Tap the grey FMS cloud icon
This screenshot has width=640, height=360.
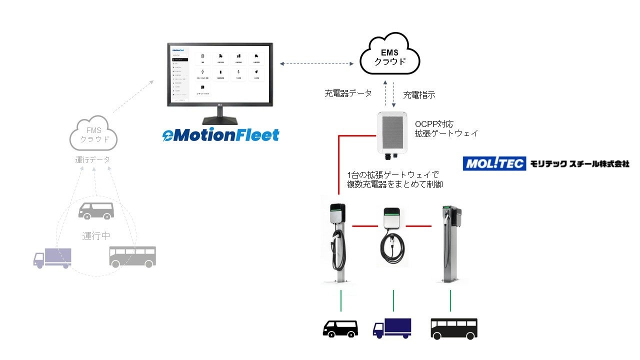(x=94, y=133)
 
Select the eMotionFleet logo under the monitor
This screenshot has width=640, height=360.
(x=220, y=135)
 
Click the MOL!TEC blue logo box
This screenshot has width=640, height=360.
(x=494, y=163)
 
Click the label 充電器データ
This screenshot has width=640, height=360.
(x=348, y=93)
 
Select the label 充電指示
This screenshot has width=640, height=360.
(x=419, y=94)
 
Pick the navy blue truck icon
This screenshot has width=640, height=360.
(x=392, y=327)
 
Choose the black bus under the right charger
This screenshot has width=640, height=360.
(x=454, y=328)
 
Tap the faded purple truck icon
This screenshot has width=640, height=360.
(x=52, y=258)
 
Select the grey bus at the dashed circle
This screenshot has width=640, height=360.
(x=132, y=255)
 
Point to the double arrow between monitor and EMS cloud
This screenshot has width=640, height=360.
(x=315, y=63)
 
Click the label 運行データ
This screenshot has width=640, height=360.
(x=92, y=160)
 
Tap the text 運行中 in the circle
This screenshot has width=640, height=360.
(x=96, y=236)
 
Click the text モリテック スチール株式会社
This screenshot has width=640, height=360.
(x=580, y=163)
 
